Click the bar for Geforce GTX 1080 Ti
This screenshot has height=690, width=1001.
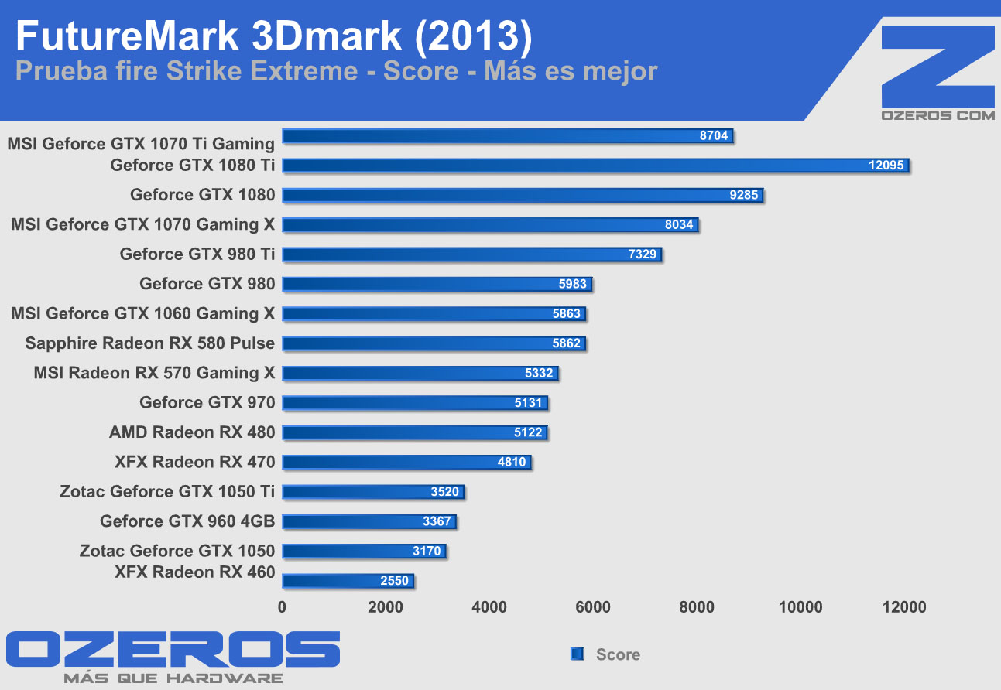[x=595, y=166]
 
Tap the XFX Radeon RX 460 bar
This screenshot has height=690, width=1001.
[x=348, y=581]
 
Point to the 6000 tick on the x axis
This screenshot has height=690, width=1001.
[x=593, y=607]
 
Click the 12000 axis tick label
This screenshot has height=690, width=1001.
[x=903, y=607]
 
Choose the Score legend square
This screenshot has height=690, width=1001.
[x=576, y=654]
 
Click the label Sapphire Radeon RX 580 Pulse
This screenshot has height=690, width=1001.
[x=150, y=343]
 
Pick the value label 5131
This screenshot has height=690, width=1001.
[x=528, y=403]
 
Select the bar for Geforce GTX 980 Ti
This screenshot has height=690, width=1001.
[x=471, y=254]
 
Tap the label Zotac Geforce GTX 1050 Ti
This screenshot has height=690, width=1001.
[x=167, y=491]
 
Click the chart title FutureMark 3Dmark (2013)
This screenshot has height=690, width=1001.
[x=273, y=36]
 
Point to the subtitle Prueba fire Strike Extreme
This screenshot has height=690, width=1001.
[x=186, y=71]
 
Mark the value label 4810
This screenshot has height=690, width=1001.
[x=512, y=463]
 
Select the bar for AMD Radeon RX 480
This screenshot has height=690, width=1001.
[x=415, y=432]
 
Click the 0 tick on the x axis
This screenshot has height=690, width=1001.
[x=282, y=607]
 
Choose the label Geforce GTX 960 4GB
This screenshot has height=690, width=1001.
[x=187, y=521]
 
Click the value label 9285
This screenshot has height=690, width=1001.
[x=744, y=195]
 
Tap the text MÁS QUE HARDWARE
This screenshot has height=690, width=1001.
[x=173, y=678]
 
